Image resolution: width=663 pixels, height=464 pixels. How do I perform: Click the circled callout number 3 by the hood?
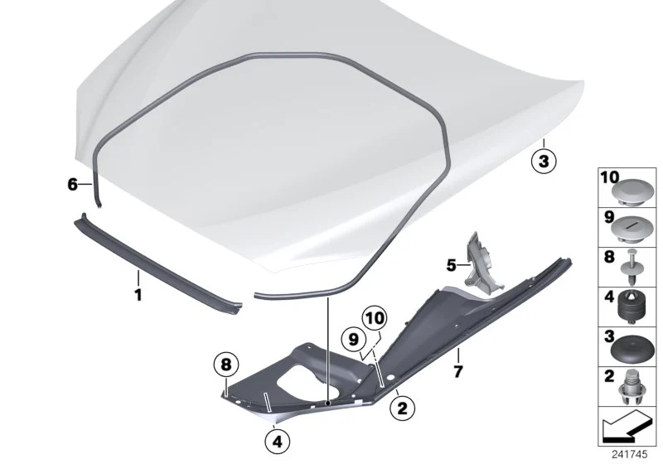[544, 161]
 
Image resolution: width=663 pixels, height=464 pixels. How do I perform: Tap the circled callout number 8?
[226, 365]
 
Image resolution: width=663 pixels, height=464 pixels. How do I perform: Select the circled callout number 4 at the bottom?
[277, 442]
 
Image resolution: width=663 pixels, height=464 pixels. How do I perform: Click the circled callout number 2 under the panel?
[402, 408]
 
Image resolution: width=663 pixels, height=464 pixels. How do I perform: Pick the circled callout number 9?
[354, 340]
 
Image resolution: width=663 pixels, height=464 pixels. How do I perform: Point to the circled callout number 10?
[375, 318]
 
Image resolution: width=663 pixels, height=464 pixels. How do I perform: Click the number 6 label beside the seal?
[73, 184]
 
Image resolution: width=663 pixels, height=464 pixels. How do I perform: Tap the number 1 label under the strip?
[138, 294]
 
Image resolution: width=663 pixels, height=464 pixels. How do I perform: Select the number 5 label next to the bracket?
[451, 265]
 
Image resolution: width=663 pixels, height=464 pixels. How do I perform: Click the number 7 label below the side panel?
[458, 372]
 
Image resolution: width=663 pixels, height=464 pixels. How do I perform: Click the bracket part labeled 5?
[482, 264]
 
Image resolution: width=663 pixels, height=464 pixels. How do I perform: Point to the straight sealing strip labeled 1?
[157, 264]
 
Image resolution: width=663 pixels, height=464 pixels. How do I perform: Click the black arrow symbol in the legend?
[625, 426]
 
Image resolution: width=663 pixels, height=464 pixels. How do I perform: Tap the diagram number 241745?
[629, 454]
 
